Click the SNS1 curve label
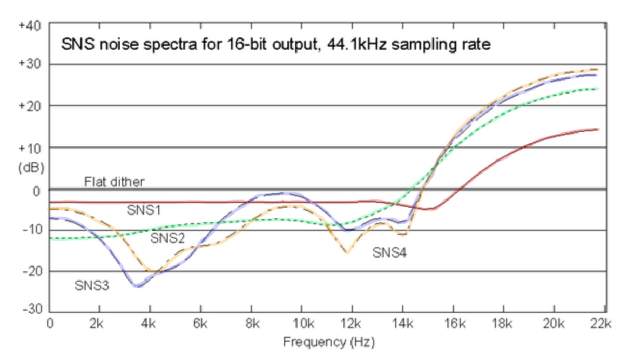143,210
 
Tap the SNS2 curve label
167,238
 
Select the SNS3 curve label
92,285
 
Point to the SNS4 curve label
389,253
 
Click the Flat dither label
114,182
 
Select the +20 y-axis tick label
32,106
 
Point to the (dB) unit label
32,168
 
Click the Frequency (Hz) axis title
328,342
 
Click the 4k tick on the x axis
150,324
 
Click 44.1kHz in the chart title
359,45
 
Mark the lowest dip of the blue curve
137,286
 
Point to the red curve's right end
598,129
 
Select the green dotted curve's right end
598,89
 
